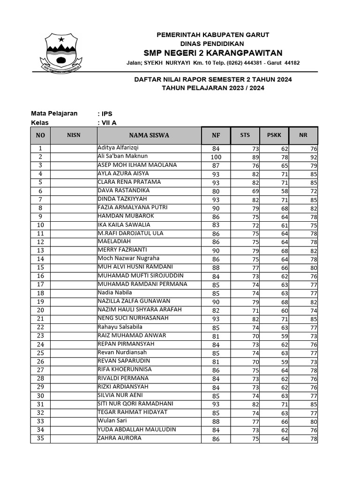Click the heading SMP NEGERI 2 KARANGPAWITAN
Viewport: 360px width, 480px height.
pos(213,52)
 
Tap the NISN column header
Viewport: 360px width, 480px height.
pos(74,135)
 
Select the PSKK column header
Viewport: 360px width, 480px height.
pos(274,135)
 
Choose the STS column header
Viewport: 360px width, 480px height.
pos(245,135)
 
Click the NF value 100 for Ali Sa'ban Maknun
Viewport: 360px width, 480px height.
pos(216,157)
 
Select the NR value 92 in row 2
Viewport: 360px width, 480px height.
pos(313,157)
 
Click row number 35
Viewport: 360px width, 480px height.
pos(40,439)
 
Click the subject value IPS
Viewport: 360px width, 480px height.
pos(106,113)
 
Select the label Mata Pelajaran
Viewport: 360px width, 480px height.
pos(54,113)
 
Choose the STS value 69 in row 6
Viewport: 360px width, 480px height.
pos(255,191)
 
